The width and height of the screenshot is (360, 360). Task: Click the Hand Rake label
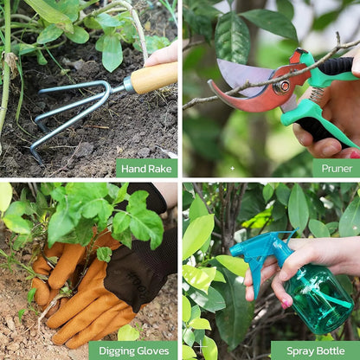click(x=146, y=169)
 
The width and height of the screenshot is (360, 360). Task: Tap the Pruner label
click(x=337, y=168)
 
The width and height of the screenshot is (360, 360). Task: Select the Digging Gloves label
click(x=133, y=350)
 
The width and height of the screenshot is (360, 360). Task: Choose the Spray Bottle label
click(x=316, y=350)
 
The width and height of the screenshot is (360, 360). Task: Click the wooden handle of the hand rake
click(x=154, y=78)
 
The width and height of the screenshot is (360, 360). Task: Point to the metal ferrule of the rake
click(x=128, y=84)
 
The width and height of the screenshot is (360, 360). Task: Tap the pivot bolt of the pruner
click(x=282, y=87)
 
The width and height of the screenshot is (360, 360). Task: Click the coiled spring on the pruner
click(x=317, y=94)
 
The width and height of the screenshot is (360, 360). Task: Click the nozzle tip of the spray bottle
click(x=235, y=251)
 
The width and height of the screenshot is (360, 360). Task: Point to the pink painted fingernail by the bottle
click(x=285, y=304)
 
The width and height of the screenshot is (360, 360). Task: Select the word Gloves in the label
click(x=151, y=350)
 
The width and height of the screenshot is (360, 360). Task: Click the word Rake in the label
click(x=159, y=169)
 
